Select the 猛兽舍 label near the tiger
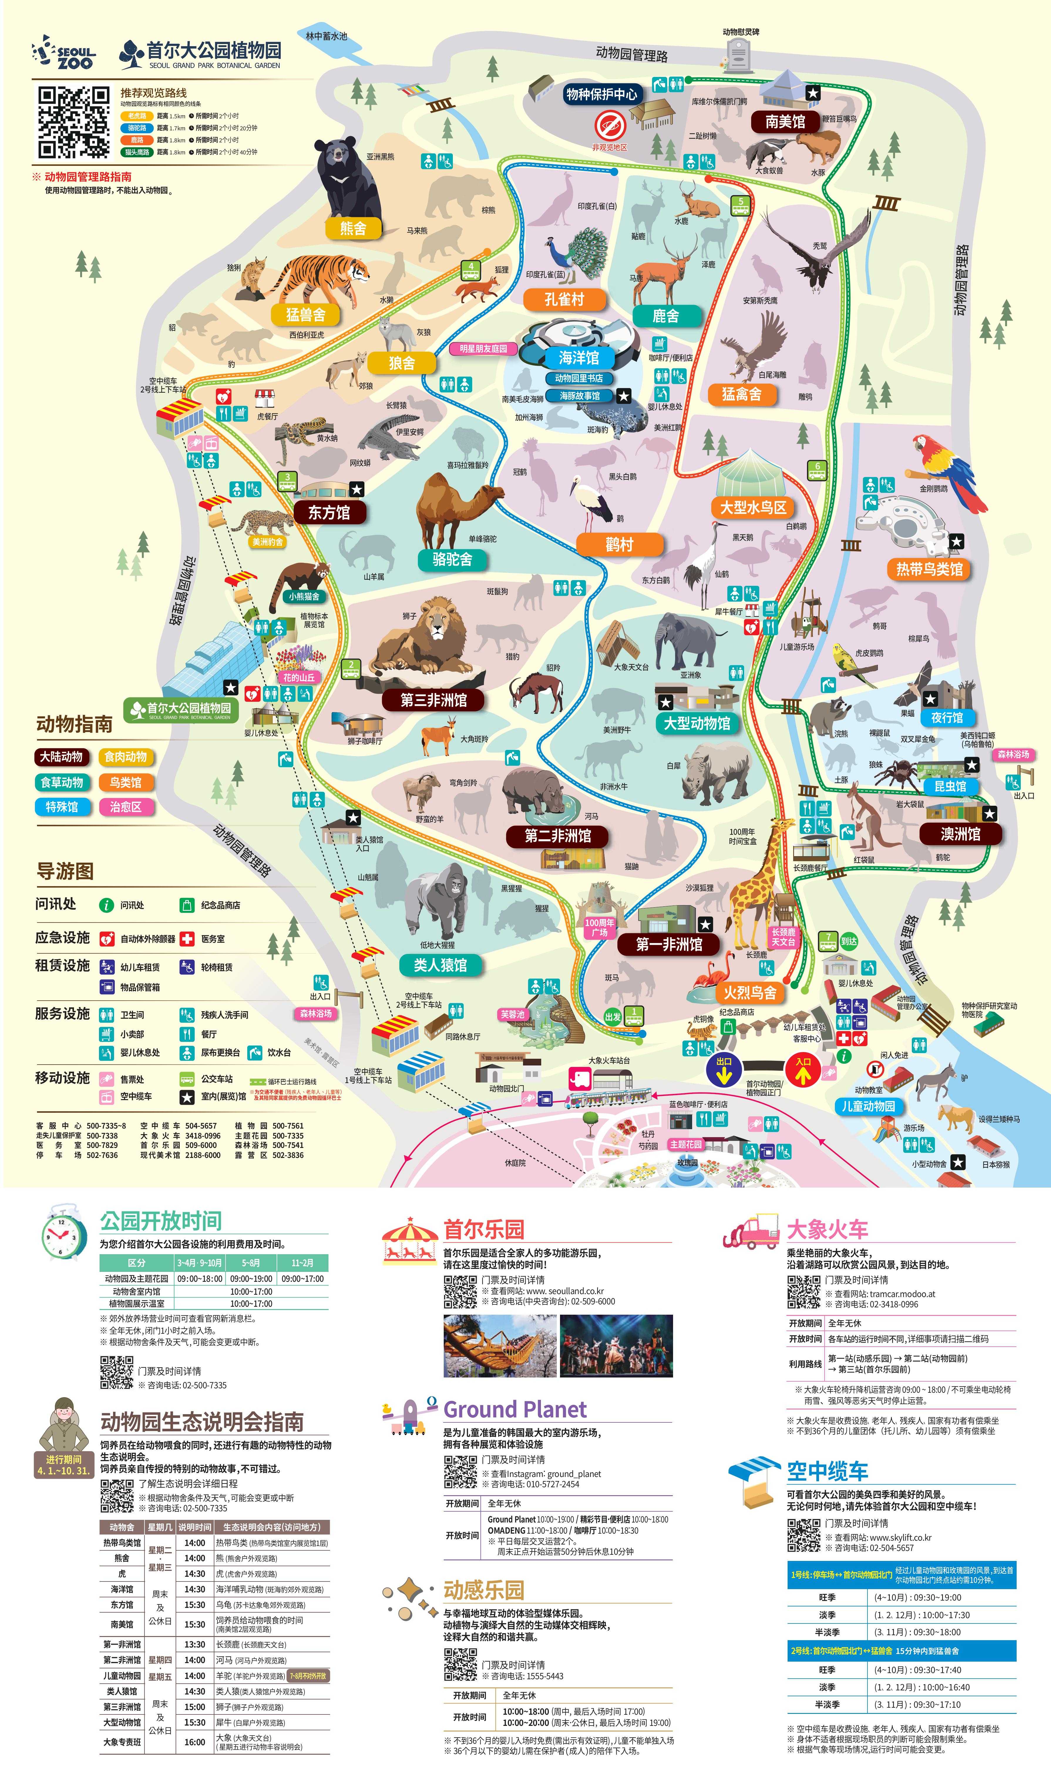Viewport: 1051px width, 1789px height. pos(305,314)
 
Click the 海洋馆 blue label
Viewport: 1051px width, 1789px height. pos(579,357)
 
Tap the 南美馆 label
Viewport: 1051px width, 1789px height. pos(785,122)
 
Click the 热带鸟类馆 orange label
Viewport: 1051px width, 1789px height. pos(929,569)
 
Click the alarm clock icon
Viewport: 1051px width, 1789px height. pos(64,1233)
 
